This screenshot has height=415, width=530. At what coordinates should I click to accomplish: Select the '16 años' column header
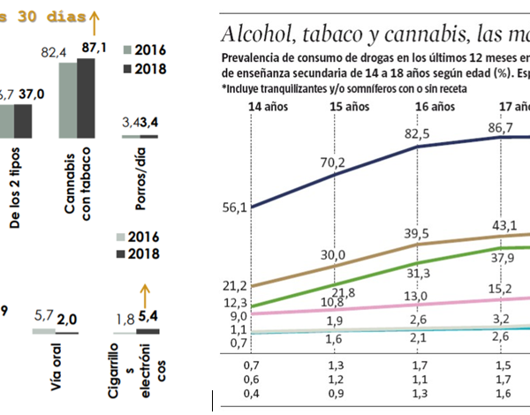(434, 106)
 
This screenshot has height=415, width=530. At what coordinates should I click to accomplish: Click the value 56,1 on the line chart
(235, 207)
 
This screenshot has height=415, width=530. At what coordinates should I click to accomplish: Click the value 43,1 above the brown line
(504, 225)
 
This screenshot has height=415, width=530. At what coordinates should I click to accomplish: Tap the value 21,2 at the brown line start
(235, 286)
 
